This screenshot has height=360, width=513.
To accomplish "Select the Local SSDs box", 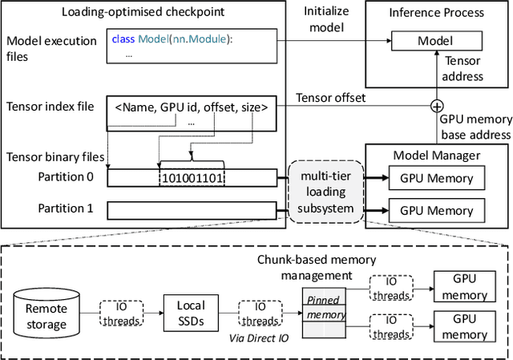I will click(190, 312).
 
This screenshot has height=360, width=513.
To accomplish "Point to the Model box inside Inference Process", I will click(434, 41).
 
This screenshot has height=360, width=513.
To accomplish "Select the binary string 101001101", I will click(193, 178).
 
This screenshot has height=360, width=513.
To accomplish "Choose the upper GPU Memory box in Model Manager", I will click(436, 178).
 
